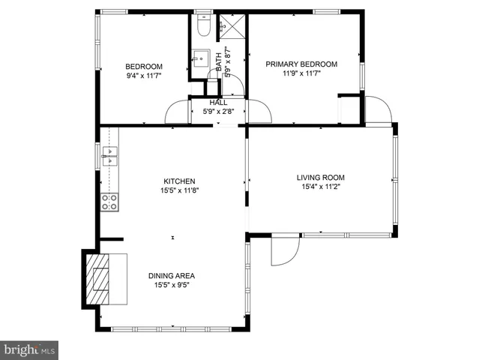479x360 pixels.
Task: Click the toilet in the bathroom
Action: click(202, 27)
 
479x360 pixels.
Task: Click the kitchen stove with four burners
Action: click(109, 201)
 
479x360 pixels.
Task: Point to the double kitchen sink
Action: click(109, 157)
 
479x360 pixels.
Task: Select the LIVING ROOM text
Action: click(320, 178)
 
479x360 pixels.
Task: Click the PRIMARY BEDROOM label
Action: click(301, 64)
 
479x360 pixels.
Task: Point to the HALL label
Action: click(218, 103)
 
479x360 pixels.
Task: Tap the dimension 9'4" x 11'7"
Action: click(144, 74)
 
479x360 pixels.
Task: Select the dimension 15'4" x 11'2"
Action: click(320, 187)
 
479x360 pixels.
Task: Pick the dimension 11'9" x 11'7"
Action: click(301, 74)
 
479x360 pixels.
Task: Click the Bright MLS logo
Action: click(29, 349)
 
